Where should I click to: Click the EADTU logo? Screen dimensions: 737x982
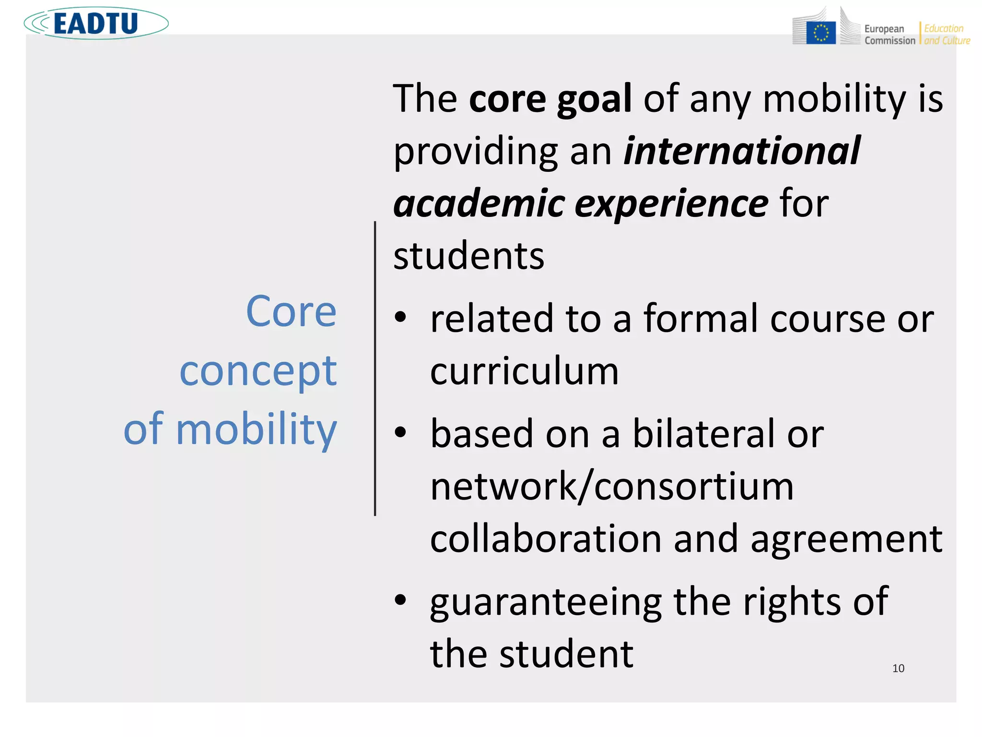pos(96,23)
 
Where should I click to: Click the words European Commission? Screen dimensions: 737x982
pos(889,35)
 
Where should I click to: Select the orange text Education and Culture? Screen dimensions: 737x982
pos(947,35)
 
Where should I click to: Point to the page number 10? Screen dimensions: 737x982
pos(898,668)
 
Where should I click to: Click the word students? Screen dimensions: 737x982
pos(468,256)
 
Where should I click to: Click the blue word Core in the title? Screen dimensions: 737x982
pos(291,312)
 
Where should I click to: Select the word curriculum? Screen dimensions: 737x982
pos(524,371)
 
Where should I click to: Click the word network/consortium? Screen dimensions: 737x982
pos(612,487)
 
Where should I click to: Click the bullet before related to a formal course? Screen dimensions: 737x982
pos(400,317)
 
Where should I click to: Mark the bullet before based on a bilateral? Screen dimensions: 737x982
pos(400,432)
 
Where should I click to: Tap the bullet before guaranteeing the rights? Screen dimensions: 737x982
pos(400,600)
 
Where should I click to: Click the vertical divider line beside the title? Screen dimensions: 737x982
pos(375,368)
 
